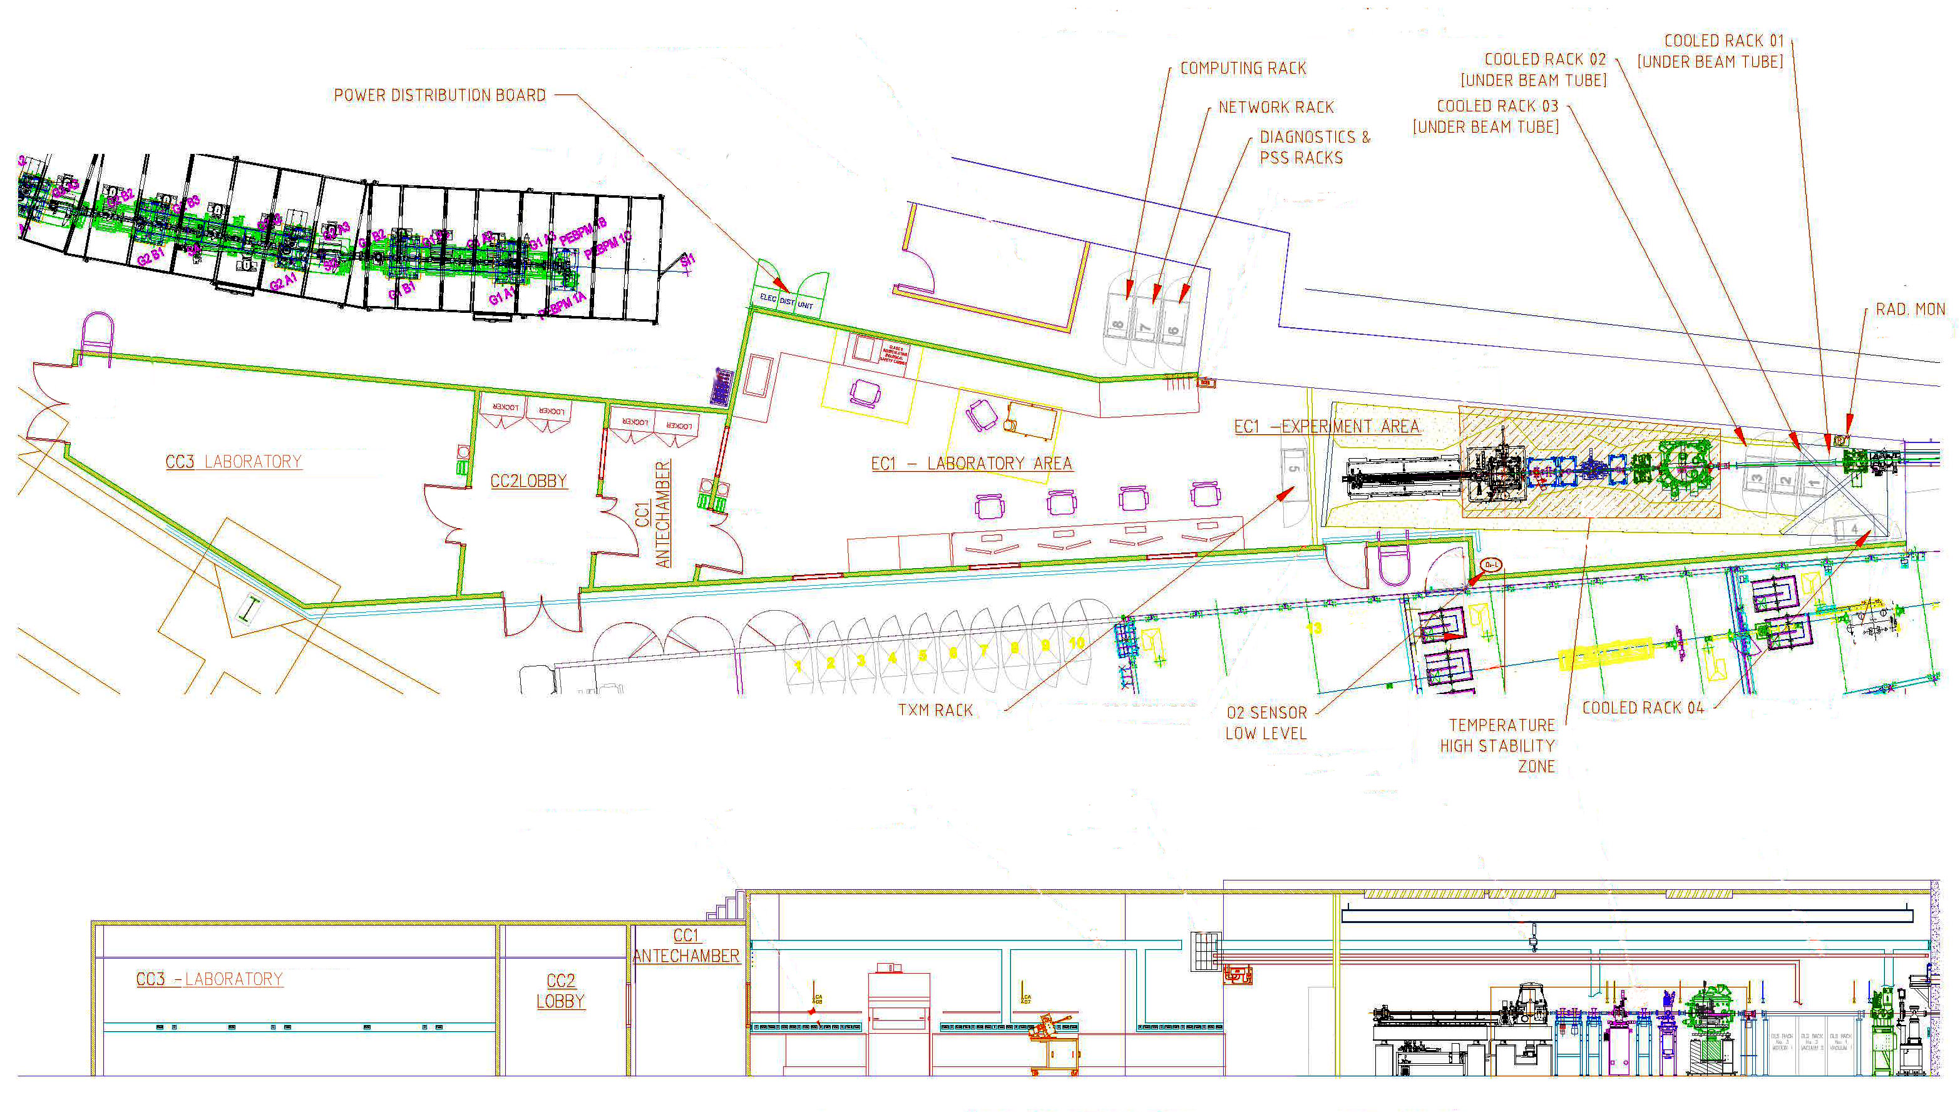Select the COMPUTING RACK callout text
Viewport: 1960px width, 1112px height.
tap(1243, 69)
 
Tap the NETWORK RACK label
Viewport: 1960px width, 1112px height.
tap(1276, 108)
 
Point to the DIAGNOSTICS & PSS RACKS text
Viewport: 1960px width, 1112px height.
tap(1314, 148)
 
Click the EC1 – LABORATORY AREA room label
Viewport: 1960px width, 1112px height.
tap(972, 464)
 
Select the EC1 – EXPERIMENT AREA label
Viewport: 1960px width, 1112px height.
tap(1326, 427)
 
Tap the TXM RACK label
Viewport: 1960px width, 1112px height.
tap(936, 710)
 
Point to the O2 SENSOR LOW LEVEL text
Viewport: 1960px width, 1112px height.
tap(1266, 723)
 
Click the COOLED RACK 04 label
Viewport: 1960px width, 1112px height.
tap(1642, 708)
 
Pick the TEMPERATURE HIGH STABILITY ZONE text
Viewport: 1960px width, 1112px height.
tap(1498, 745)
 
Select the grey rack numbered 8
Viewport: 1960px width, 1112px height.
tap(1117, 326)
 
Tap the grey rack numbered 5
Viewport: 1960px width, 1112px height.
tap(1294, 468)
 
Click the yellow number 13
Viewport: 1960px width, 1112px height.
tap(1313, 628)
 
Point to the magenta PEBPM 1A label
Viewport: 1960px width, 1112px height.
tap(562, 304)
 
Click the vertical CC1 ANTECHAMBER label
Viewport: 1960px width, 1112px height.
tap(654, 513)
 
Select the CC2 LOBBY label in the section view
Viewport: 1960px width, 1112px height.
tap(561, 991)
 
